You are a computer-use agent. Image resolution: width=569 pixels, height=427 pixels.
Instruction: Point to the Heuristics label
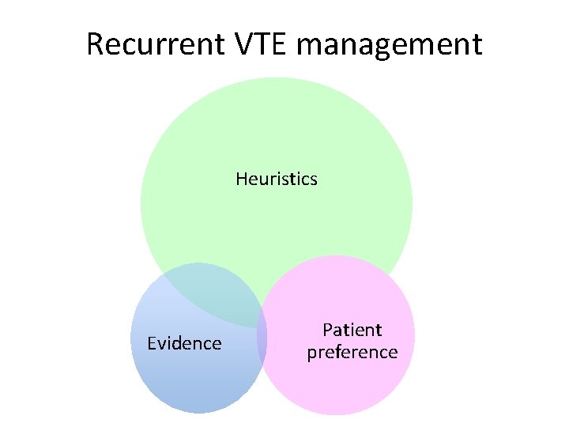click(x=277, y=179)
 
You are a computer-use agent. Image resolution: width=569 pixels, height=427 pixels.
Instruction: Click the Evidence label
click(x=185, y=343)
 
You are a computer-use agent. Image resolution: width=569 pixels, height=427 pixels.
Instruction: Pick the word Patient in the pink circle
click(x=352, y=330)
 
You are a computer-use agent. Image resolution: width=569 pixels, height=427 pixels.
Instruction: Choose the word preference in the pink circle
click(x=352, y=353)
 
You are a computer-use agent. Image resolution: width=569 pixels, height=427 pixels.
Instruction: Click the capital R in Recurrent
click(x=96, y=44)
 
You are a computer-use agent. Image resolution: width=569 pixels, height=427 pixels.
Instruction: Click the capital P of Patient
click(x=328, y=330)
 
